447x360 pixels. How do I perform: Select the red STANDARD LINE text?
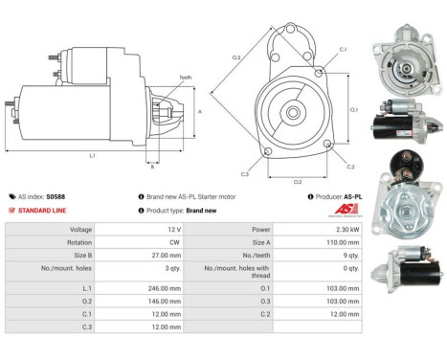click(42, 211)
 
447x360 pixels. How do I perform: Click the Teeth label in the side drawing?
click(184, 78)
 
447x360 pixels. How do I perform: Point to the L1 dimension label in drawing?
click(91, 156)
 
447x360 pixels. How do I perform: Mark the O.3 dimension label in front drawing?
click(236, 59)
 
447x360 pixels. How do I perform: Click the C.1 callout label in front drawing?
click(343, 50)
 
